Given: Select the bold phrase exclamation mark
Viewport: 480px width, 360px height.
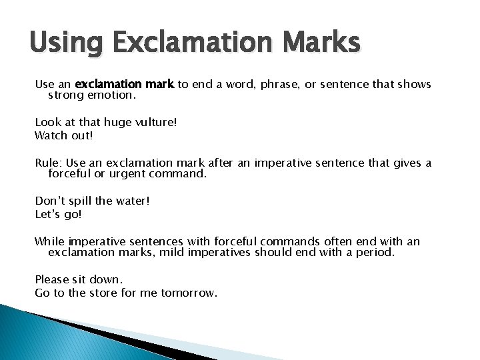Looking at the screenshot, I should point(125,84).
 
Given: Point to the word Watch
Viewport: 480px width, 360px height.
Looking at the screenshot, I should point(51,135).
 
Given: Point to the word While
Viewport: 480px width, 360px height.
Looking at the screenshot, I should point(49,241).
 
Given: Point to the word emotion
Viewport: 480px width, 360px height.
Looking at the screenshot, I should point(109,95).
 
